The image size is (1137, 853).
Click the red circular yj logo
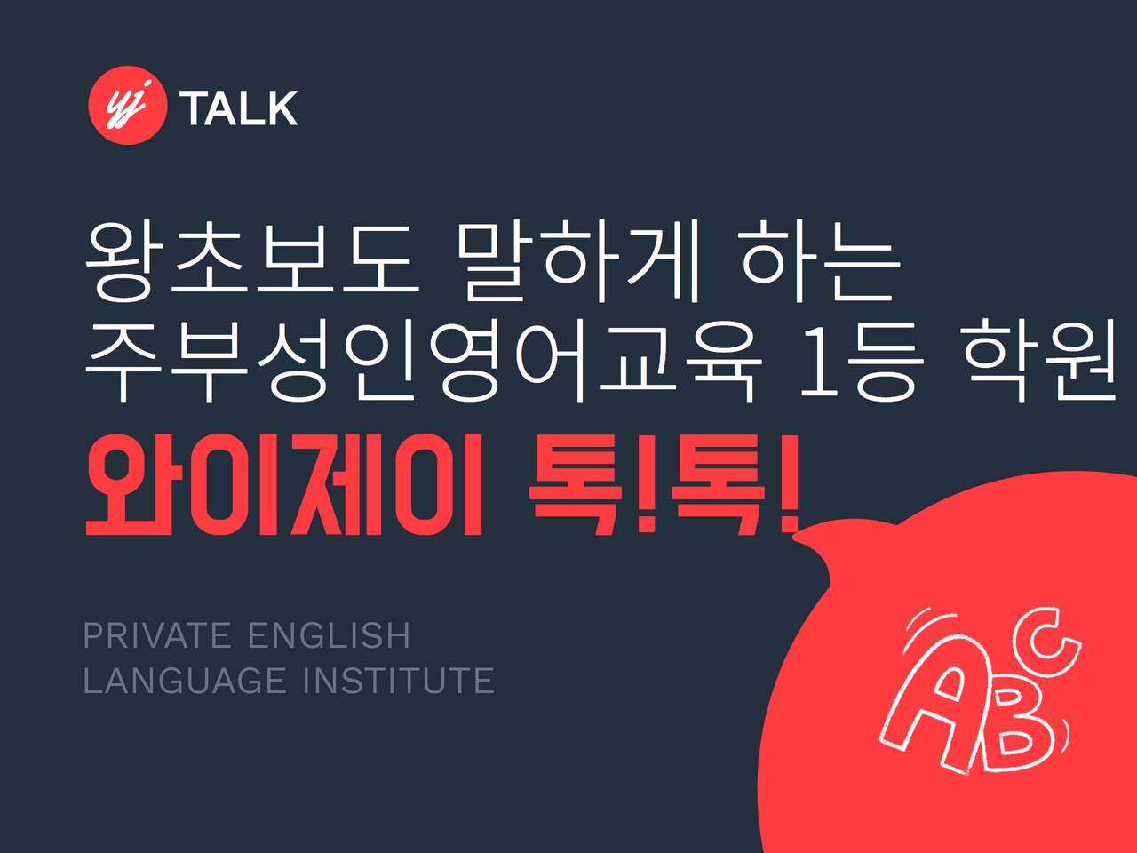pyautogui.click(x=128, y=105)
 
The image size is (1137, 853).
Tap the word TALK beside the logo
pyautogui.click(x=238, y=108)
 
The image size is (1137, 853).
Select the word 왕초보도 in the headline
pyautogui.click(x=252, y=261)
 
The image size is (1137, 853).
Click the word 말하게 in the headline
pyautogui.click(x=577, y=261)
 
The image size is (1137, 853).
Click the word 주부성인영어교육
pyautogui.click(x=423, y=361)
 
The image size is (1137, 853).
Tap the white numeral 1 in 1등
pyautogui.click(x=820, y=363)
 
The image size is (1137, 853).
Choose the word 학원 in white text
pyautogui.click(x=1039, y=361)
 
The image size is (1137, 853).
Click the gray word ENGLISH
pyautogui.click(x=330, y=635)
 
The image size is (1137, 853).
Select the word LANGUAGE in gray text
pyautogui.click(x=185, y=681)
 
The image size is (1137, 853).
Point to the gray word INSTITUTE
pyautogui.click(x=399, y=681)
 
